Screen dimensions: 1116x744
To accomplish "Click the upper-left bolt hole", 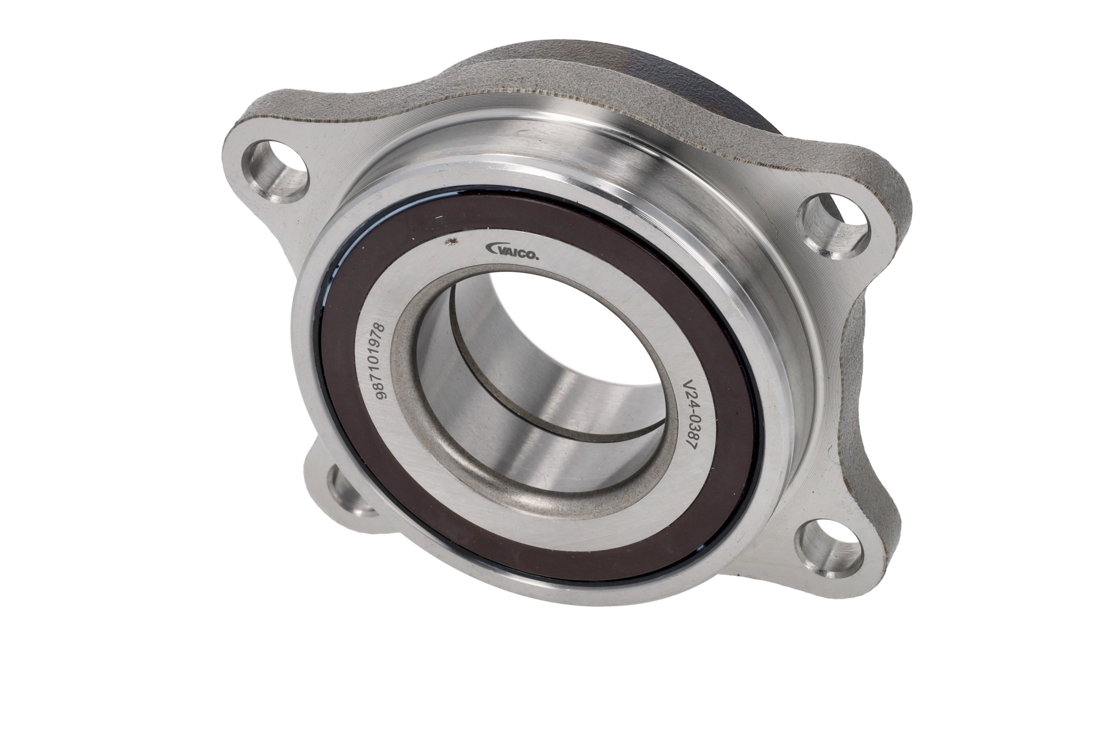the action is pos(276,169).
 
